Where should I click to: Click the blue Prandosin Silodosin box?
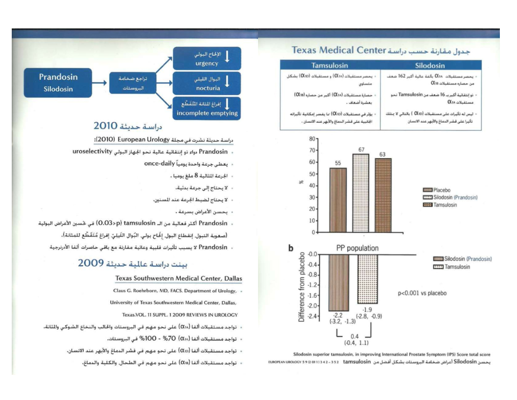coord(58,82)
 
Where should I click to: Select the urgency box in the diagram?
coord(207,58)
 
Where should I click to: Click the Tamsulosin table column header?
coord(329,65)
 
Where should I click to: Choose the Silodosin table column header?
coord(430,65)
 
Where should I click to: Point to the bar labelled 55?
coord(338,200)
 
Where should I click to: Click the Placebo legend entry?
coord(436,190)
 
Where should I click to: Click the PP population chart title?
coord(357,248)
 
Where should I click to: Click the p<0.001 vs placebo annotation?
coord(422,293)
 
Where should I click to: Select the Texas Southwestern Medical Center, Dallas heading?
coord(178,278)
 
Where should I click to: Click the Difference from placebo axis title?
coord(302,287)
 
